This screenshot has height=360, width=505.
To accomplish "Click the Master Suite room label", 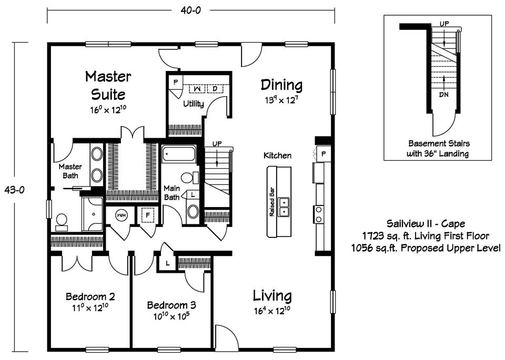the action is (108, 86).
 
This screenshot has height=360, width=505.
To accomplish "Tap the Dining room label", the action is (281, 85).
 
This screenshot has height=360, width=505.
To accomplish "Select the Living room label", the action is (272, 296).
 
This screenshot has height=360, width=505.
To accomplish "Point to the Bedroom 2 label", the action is (90, 296).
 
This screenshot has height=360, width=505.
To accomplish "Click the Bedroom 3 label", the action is (171, 305).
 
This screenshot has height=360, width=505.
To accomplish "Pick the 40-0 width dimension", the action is (190, 11).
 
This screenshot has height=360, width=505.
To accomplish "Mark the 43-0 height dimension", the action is (14, 190).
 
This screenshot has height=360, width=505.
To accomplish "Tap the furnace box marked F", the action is (148, 215).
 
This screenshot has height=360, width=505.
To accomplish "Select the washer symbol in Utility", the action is (197, 88).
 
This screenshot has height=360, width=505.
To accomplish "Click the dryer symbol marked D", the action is (215, 88).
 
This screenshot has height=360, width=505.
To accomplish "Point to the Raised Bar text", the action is (272, 202).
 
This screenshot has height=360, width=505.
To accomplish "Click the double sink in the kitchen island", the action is (284, 207).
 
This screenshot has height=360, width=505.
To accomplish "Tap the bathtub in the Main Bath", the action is (179, 154).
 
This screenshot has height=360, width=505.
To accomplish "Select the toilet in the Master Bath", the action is (62, 222).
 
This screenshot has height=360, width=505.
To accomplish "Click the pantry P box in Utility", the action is (176, 83).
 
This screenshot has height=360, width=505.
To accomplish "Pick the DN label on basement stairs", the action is (443, 95).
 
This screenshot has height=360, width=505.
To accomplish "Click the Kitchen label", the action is (277, 156).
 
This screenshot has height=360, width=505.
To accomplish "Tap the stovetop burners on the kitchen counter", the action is (319, 214).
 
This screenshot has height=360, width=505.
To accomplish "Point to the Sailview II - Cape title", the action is (426, 223).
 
